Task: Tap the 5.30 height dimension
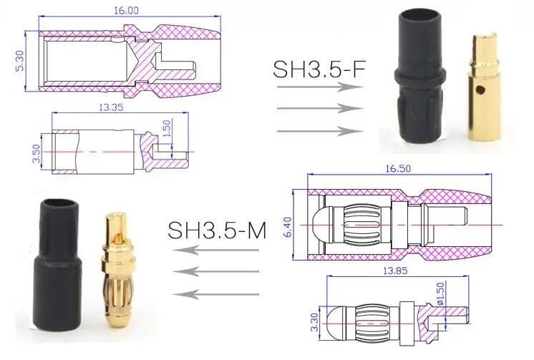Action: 20,61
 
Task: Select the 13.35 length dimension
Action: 111,107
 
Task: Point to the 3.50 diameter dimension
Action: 37,154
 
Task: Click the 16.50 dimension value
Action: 398,169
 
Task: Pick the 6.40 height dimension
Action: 288,227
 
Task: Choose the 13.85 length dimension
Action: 394,271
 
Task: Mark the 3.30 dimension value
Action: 314,322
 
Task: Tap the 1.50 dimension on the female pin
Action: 167,128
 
